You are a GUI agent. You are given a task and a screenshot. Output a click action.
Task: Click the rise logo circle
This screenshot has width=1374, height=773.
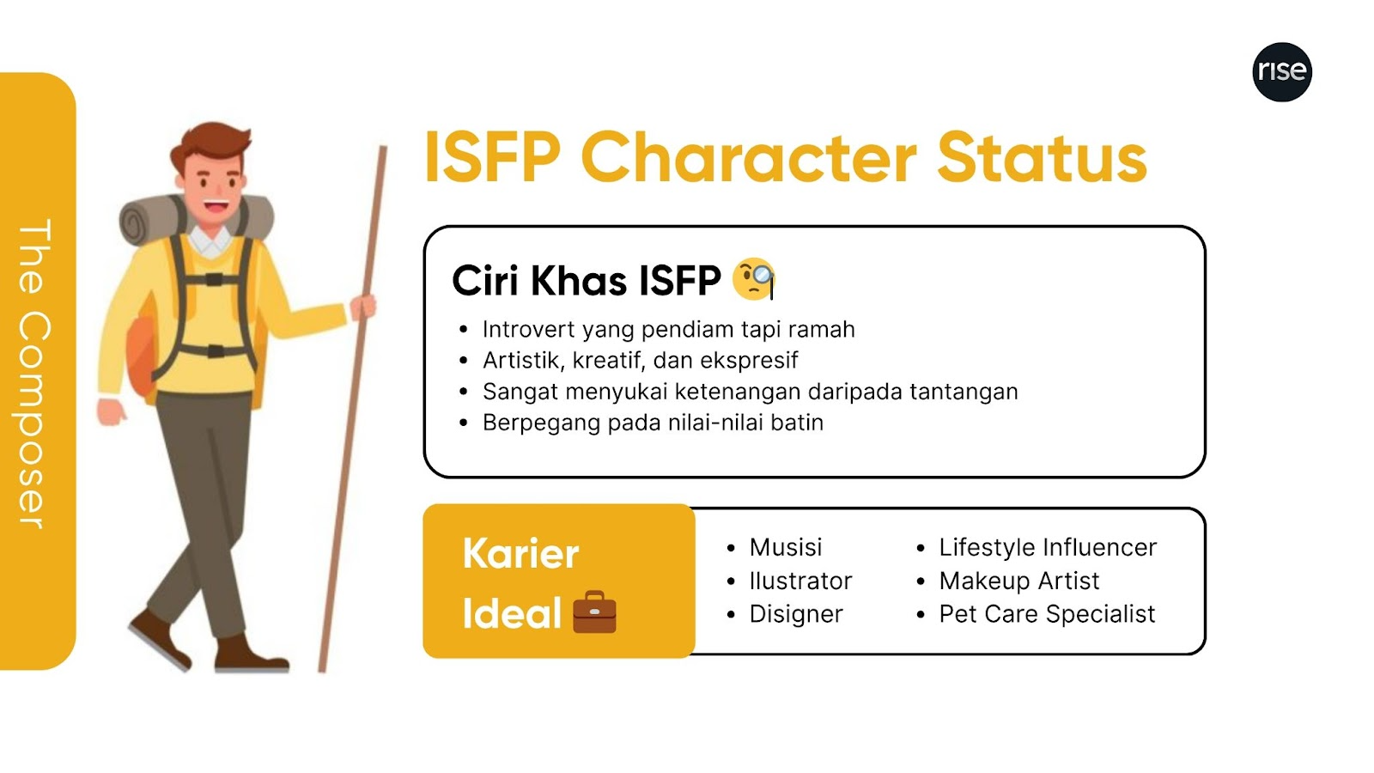point(1282,72)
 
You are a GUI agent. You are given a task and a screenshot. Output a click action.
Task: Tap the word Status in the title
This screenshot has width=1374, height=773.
point(1042,158)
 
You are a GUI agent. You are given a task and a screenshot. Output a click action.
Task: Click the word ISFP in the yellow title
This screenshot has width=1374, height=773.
point(492,158)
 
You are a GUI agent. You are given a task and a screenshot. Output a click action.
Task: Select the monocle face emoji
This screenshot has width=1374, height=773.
point(754,278)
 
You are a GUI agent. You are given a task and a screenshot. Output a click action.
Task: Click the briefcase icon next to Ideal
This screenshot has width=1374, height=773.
point(594,612)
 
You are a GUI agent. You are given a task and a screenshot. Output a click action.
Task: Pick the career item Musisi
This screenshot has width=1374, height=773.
point(785,547)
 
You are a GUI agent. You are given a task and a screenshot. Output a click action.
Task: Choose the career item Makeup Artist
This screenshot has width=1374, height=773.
point(1018,581)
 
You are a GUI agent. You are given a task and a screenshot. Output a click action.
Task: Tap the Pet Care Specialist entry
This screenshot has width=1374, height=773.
point(1047,614)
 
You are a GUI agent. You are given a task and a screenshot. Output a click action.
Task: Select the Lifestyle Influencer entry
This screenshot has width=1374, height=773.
point(1048,547)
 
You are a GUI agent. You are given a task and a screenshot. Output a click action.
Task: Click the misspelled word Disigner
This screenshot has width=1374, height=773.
point(796,614)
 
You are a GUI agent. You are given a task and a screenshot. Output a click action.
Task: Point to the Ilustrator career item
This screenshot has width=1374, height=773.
point(800,581)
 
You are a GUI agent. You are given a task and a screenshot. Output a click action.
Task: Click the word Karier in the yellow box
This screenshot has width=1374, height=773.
point(520,553)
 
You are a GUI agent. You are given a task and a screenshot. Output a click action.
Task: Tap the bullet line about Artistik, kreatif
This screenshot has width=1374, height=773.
point(641,361)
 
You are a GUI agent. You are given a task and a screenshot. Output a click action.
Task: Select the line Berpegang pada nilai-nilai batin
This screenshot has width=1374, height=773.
point(653,423)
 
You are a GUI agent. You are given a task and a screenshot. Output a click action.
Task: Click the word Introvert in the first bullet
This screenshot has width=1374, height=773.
point(529,330)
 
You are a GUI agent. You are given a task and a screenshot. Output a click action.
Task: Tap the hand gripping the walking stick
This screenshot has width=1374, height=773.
point(363,307)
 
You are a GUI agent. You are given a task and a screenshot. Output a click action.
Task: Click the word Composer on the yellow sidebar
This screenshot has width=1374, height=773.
point(33,420)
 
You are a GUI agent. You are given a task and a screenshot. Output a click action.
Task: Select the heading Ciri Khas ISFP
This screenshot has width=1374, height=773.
point(587,280)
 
